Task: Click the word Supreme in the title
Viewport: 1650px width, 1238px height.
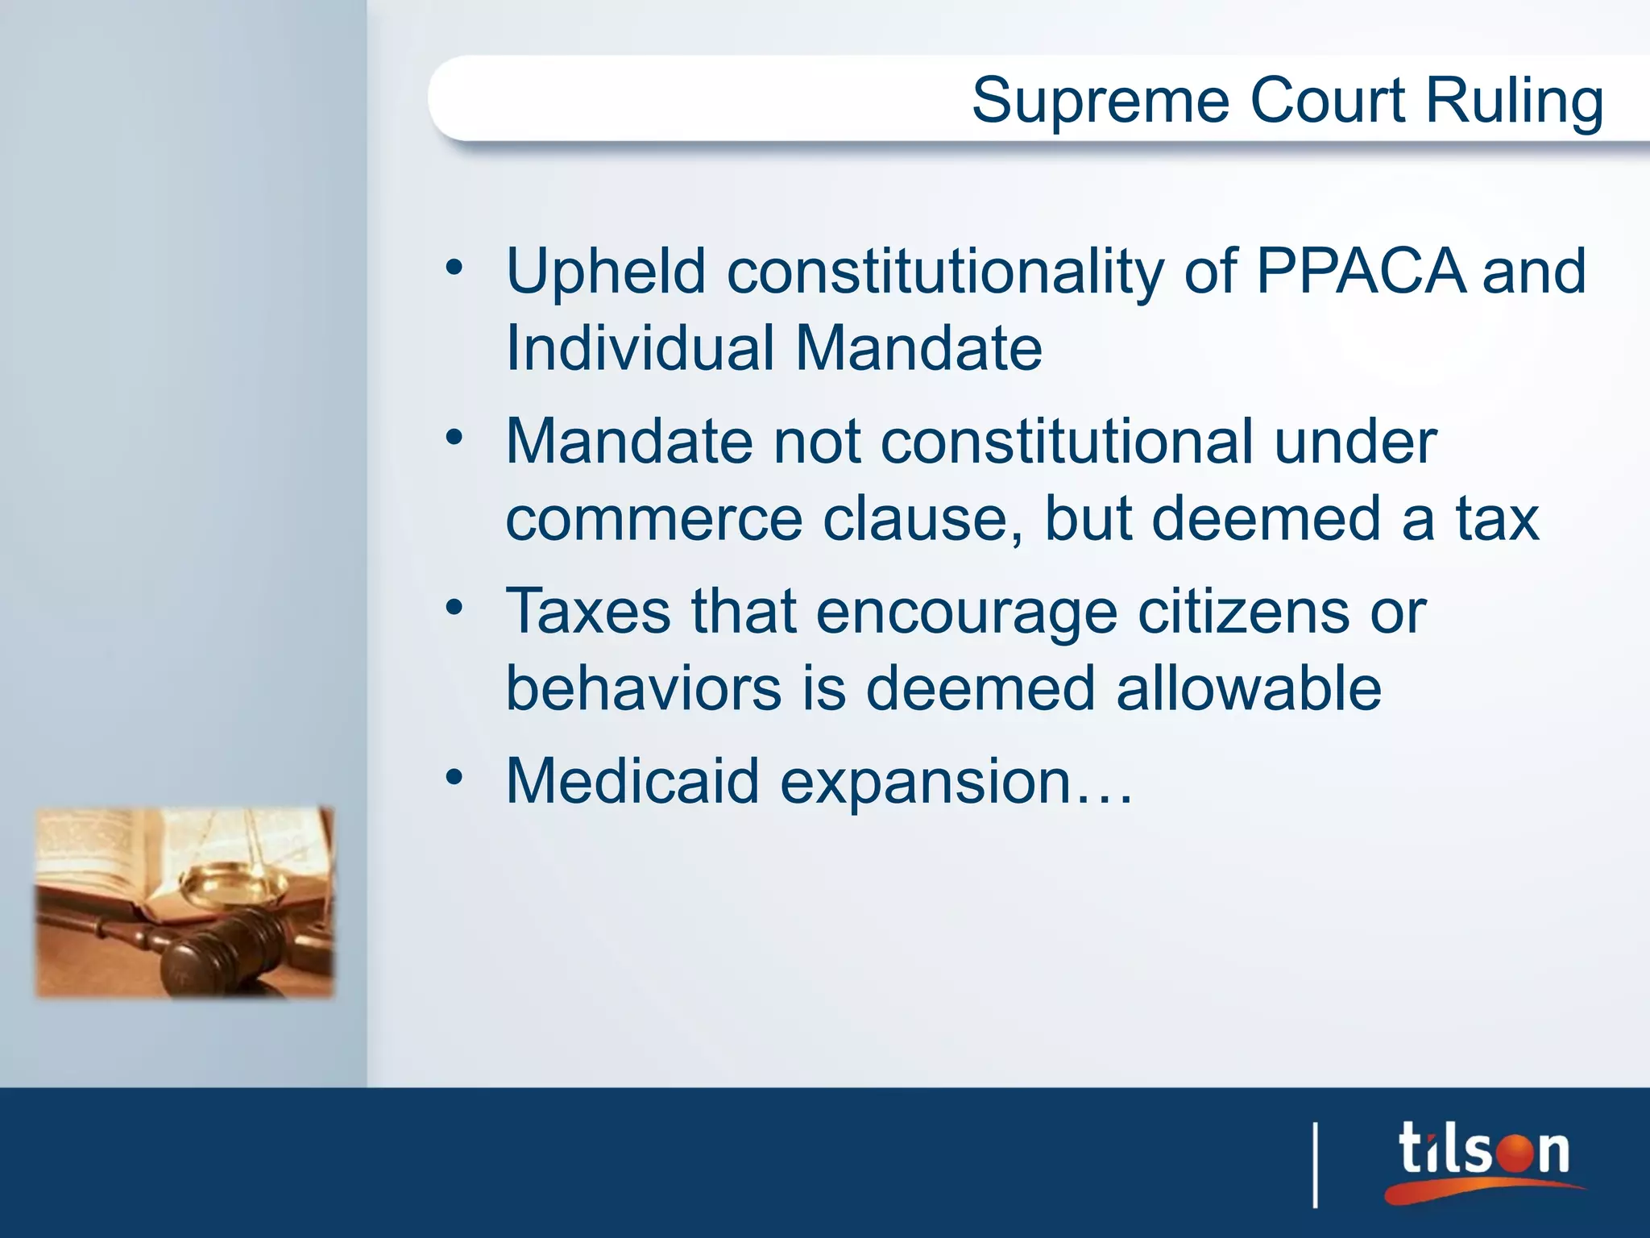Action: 1100,101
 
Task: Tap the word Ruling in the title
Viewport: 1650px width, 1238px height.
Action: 1515,102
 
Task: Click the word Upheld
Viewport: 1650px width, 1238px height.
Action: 606,272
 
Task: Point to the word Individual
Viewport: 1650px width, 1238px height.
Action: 640,349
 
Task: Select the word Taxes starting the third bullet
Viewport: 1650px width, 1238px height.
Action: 587,611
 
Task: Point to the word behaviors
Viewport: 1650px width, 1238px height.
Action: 643,688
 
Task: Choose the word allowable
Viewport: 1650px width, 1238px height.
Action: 1249,688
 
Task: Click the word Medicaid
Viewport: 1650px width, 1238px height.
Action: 632,781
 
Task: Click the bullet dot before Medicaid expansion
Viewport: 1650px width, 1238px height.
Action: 455,778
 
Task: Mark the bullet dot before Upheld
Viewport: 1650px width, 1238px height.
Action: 455,267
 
